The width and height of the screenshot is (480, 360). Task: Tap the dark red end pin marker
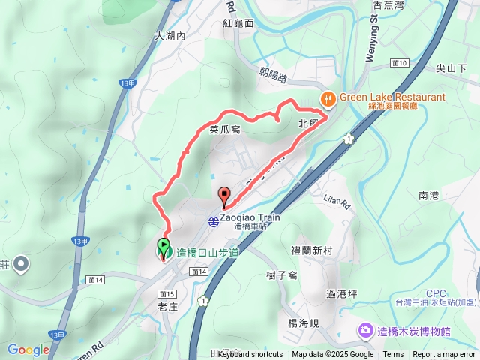(224, 197)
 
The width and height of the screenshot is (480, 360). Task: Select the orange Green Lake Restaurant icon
(328, 98)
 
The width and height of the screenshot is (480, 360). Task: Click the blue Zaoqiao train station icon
(214, 221)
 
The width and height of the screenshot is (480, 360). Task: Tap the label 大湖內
(170, 35)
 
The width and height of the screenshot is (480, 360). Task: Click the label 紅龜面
(238, 23)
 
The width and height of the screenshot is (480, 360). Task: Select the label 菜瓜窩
(225, 130)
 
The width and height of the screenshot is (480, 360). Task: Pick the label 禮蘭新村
(311, 250)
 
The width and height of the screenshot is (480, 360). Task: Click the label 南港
(428, 196)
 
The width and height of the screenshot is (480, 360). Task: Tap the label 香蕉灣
(388, 5)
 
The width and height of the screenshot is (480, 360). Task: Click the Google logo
(28, 349)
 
